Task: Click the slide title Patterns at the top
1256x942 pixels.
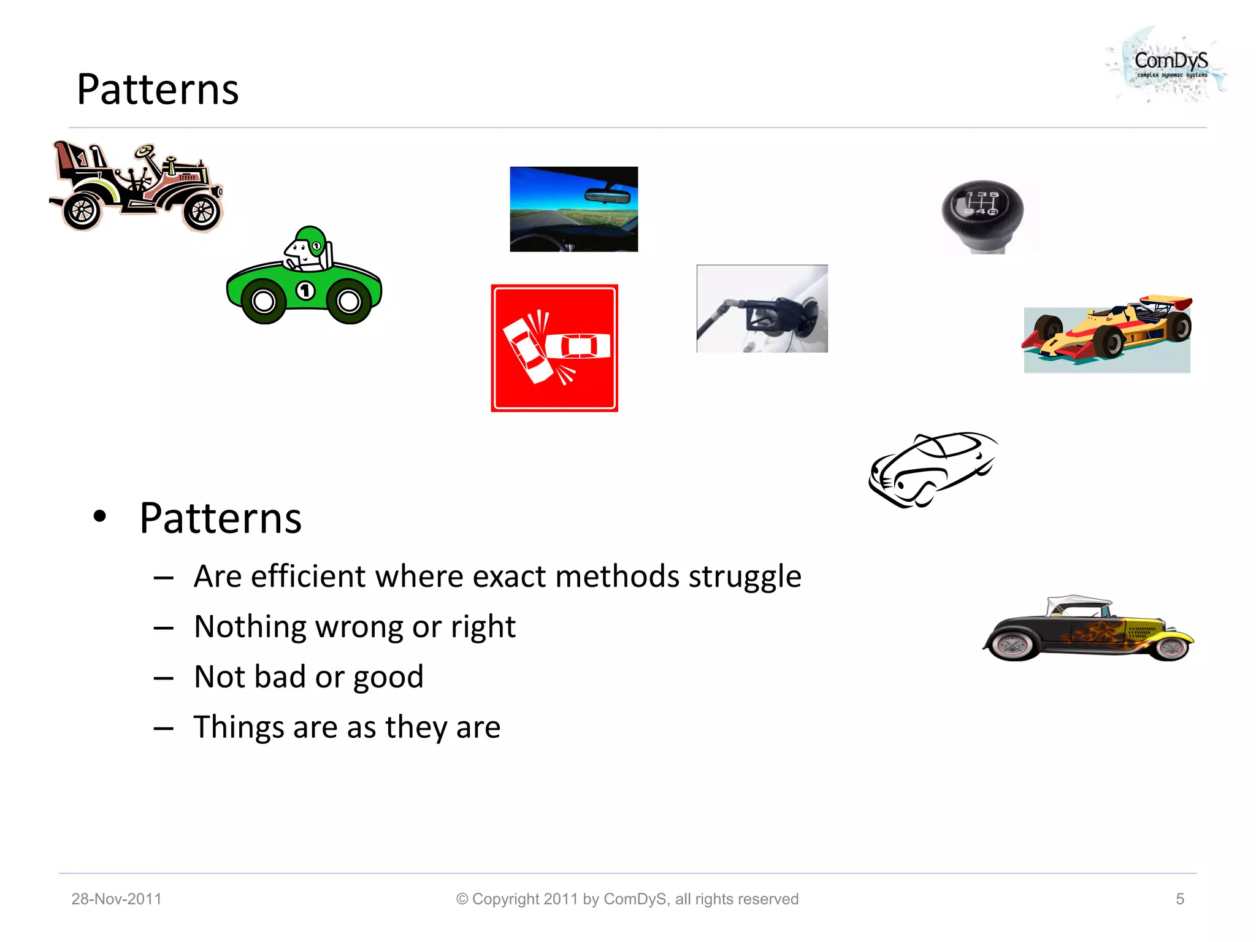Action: pyautogui.click(x=158, y=90)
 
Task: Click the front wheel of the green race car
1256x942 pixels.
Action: pyautogui.click(x=349, y=301)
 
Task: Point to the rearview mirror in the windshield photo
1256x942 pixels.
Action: pyautogui.click(x=607, y=196)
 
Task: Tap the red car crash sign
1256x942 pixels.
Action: pyautogui.click(x=554, y=348)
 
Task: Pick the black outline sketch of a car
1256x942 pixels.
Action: pyautogui.click(x=932, y=470)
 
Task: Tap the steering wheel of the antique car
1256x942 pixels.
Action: pyautogui.click(x=145, y=150)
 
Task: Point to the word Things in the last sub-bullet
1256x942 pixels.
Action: pyautogui.click(x=238, y=727)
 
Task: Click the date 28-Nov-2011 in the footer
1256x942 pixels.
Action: pyautogui.click(x=117, y=899)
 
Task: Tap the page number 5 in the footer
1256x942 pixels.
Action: pyautogui.click(x=1179, y=899)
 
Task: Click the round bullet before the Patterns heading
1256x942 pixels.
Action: pyautogui.click(x=99, y=516)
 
